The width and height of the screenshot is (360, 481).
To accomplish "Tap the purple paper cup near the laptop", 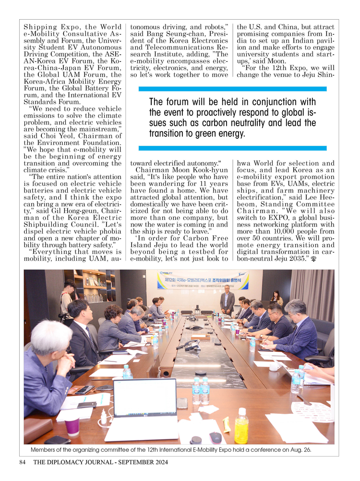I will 72,426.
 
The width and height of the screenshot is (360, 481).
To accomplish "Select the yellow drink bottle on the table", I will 241,425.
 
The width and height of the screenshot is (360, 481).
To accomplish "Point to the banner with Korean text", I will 204,281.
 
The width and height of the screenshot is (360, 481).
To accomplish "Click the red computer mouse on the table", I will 216,437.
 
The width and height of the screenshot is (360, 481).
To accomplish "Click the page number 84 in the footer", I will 23,463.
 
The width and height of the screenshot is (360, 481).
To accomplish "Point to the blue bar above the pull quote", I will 232,89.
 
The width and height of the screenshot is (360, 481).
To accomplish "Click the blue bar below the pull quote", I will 232,148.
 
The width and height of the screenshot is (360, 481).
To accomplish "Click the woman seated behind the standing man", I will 276,298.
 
